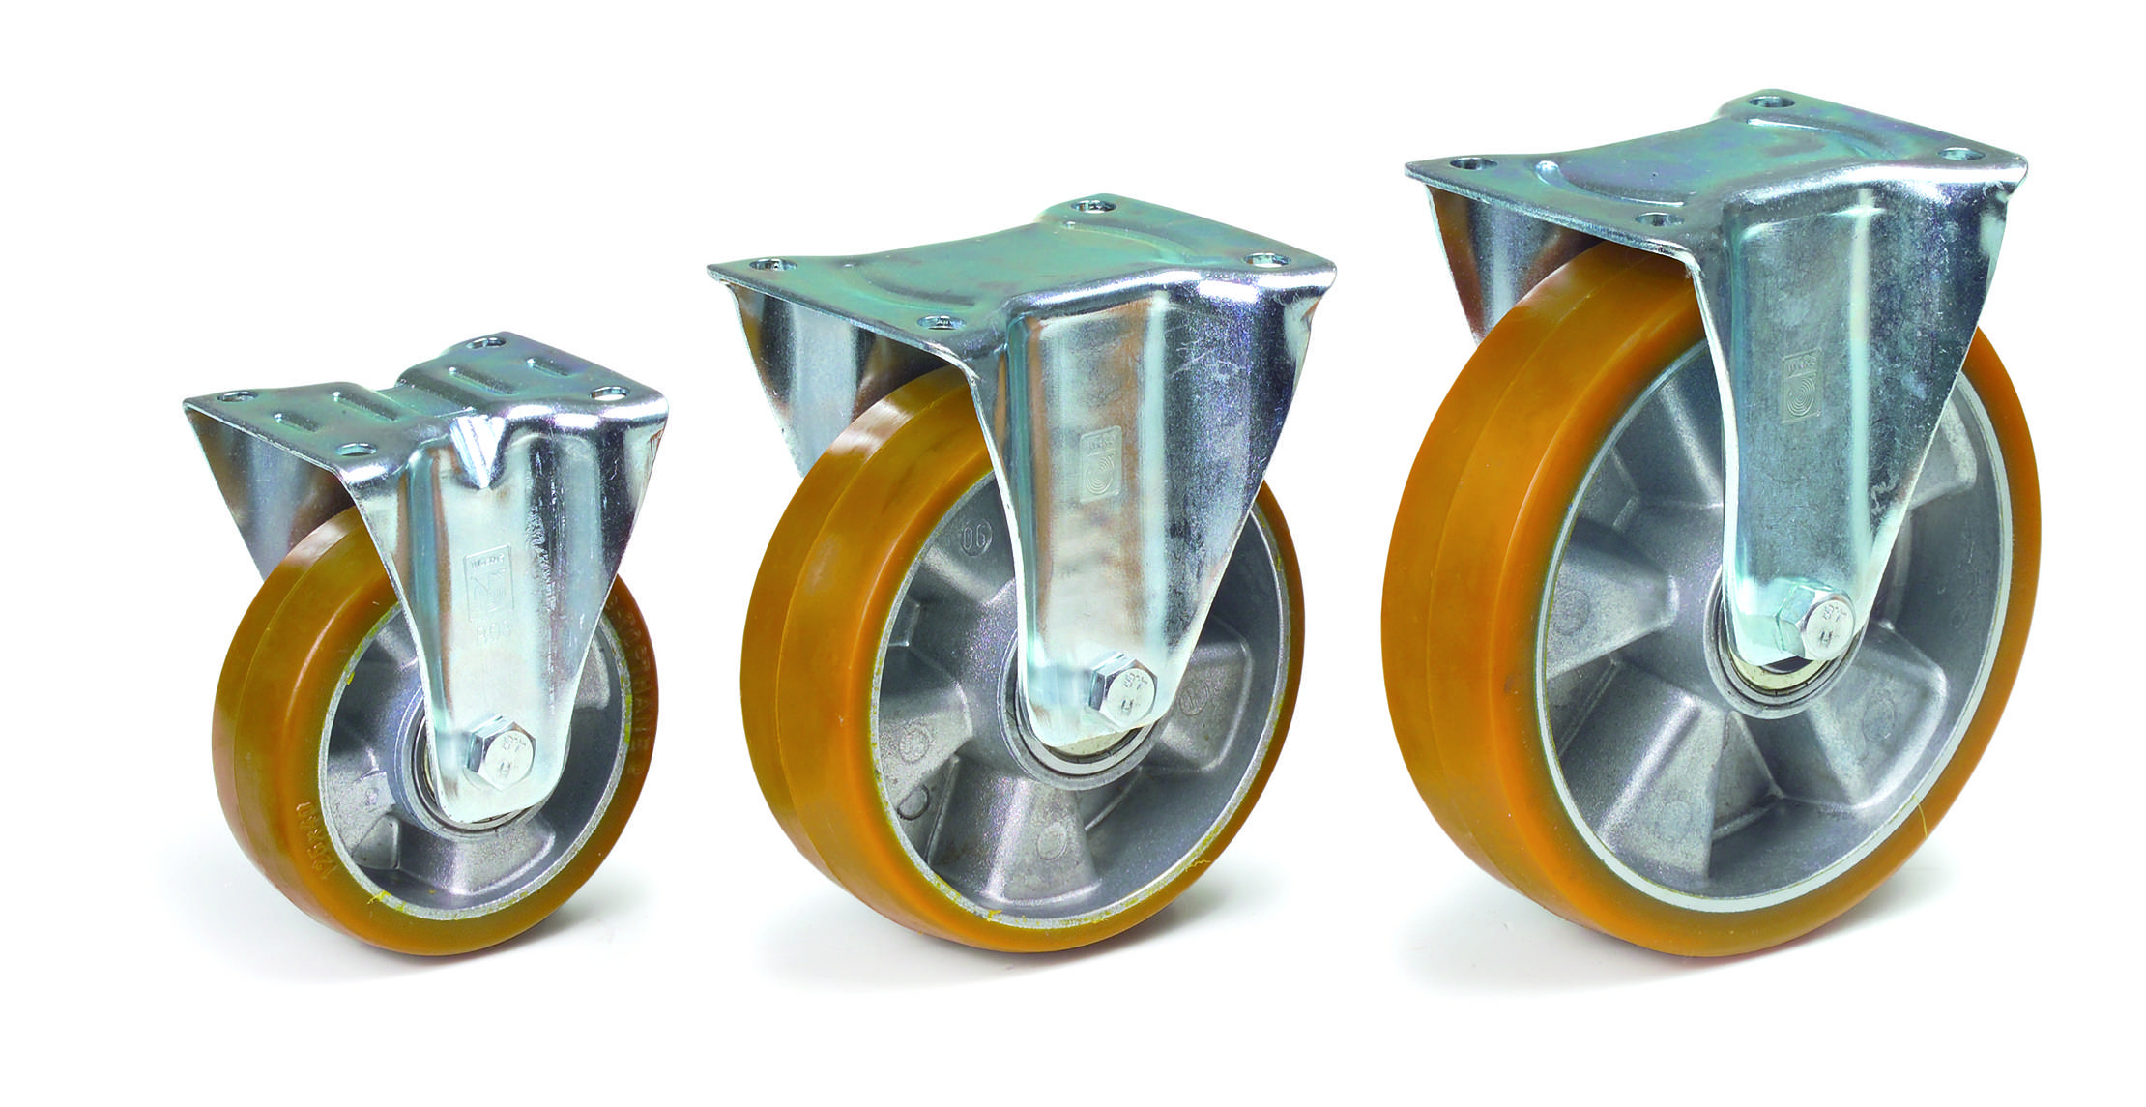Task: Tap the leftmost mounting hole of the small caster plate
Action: [x=236, y=395]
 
